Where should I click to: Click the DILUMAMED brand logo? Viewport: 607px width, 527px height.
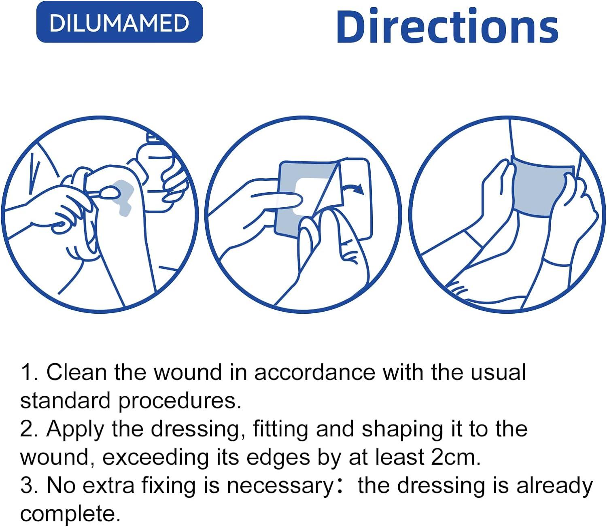point(119,22)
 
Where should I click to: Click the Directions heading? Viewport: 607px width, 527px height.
point(447,26)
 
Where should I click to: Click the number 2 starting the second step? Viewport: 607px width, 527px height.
point(26,429)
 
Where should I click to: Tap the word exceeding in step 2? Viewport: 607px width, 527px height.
point(155,457)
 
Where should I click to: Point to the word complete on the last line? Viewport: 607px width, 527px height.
point(70,514)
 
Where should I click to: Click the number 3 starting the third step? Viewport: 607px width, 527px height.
point(26,486)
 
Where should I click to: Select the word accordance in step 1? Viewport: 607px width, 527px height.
point(314,372)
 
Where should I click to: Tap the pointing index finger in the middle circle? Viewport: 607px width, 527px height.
point(279,198)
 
